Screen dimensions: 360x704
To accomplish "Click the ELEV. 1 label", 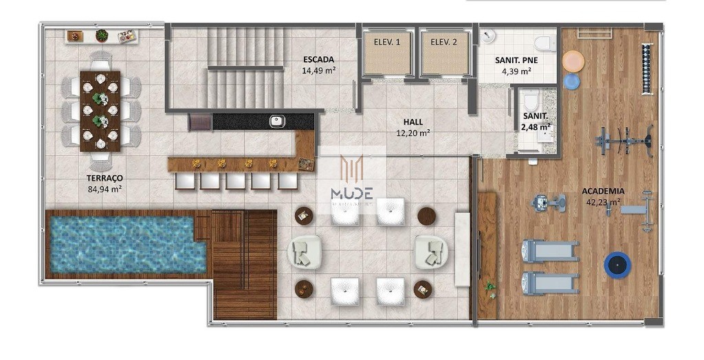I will click(x=387, y=43).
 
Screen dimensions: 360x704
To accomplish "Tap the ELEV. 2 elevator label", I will click(x=444, y=43).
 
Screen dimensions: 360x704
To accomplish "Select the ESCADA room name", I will click(x=318, y=60).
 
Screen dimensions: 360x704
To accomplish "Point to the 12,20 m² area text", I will click(x=413, y=133).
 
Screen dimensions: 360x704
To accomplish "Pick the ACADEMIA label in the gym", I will click(x=602, y=191).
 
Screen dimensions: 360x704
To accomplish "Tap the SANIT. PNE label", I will click(x=516, y=60).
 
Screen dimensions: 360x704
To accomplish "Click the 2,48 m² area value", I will click(x=536, y=127).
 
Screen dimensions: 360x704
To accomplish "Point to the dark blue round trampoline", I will click(x=617, y=265).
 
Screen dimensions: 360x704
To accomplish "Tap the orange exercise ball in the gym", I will click(x=573, y=61).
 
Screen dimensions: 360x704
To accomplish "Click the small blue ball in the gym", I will click(x=572, y=82).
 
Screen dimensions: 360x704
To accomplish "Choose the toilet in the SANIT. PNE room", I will click(x=546, y=43).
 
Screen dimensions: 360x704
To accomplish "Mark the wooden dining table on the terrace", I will click(x=100, y=110).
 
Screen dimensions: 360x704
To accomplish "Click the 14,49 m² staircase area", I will click(x=318, y=70).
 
